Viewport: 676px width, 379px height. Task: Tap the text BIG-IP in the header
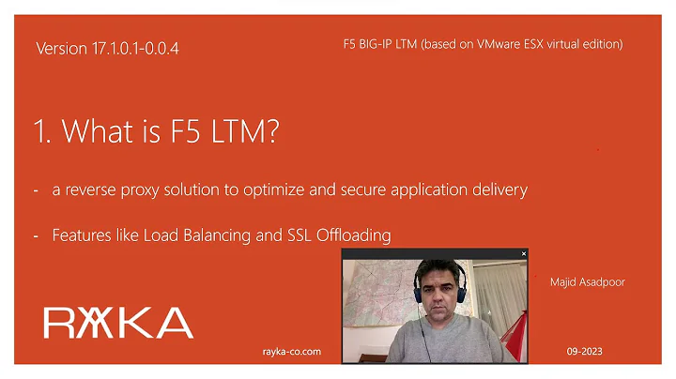coord(382,43)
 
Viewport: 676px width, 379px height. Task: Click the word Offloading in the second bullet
coord(354,235)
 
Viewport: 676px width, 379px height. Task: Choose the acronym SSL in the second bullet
coord(295,235)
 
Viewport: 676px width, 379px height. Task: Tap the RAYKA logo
coord(117,322)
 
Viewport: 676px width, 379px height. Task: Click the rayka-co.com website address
coord(292,352)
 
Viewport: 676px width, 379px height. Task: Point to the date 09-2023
coord(584,352)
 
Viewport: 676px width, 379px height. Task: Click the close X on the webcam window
coord(524,253)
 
